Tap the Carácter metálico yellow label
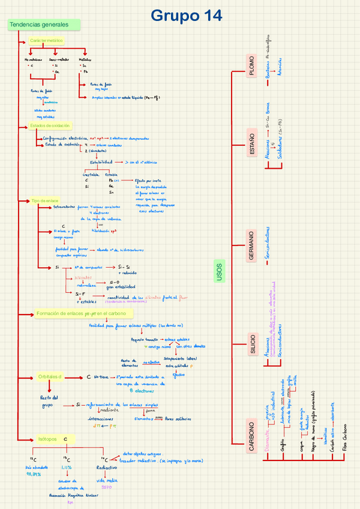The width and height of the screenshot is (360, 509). [46, 41]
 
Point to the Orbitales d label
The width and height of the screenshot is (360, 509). [50, 376]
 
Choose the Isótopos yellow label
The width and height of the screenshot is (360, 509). [47, 439]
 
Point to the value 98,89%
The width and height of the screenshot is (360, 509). [34, 474]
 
